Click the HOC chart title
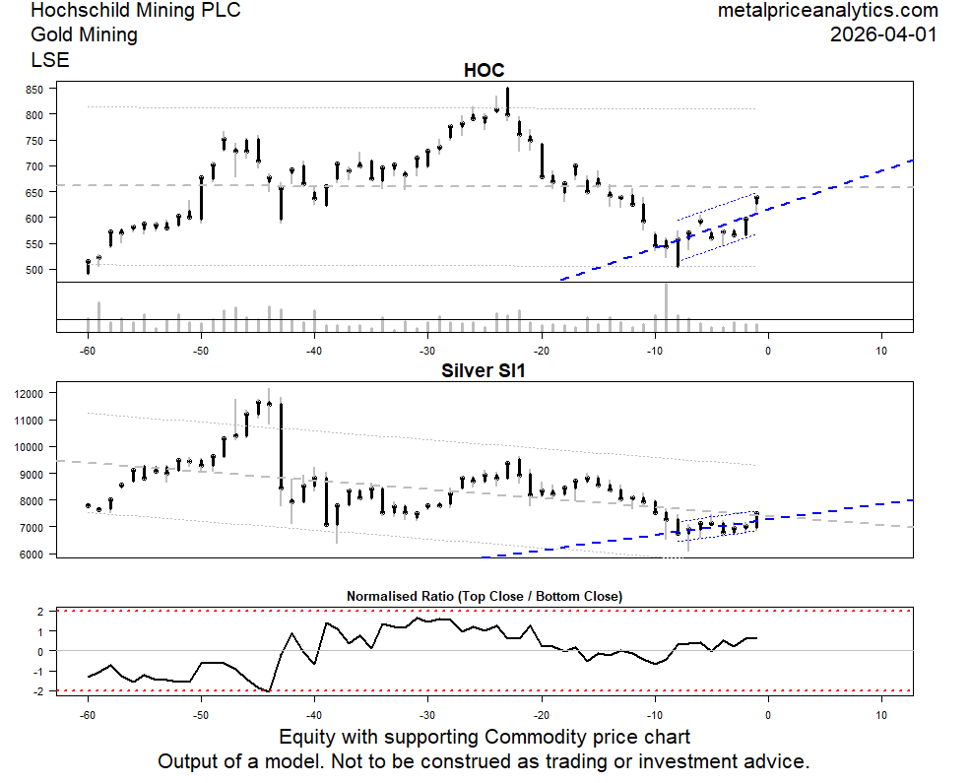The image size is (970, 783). coord(484,71)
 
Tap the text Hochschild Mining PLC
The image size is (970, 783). coord(135,11)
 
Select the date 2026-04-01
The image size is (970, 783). coord(883,34)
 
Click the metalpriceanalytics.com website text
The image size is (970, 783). coord(827,11)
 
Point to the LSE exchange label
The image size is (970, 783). coord(50,59)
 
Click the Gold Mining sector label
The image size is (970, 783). coord(84,35)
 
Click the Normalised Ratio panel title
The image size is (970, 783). coord(484,596)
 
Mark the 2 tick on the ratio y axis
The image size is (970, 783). coord(40,612)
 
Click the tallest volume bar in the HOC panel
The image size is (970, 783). coord(666,307)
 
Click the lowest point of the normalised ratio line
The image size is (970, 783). coord(269,691)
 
